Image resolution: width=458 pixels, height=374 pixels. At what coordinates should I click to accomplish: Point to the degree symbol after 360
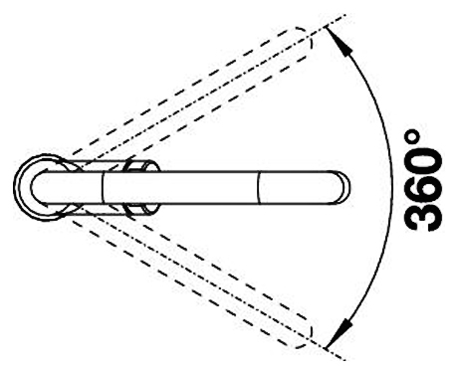coord(411,136)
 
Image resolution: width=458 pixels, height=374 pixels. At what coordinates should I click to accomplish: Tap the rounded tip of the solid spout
coord(344,187)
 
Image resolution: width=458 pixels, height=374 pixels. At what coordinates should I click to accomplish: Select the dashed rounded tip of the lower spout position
coord(306,334)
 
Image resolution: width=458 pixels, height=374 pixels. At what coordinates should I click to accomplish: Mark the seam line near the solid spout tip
coord(259,187)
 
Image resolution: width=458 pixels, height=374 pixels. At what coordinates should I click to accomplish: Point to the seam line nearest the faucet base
coord(103,187)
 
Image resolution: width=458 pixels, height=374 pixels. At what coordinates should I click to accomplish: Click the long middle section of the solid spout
coord(180,187)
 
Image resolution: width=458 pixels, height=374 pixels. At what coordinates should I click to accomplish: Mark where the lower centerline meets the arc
coord(326,349)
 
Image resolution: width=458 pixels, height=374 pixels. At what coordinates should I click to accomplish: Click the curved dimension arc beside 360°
coord(392,187)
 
